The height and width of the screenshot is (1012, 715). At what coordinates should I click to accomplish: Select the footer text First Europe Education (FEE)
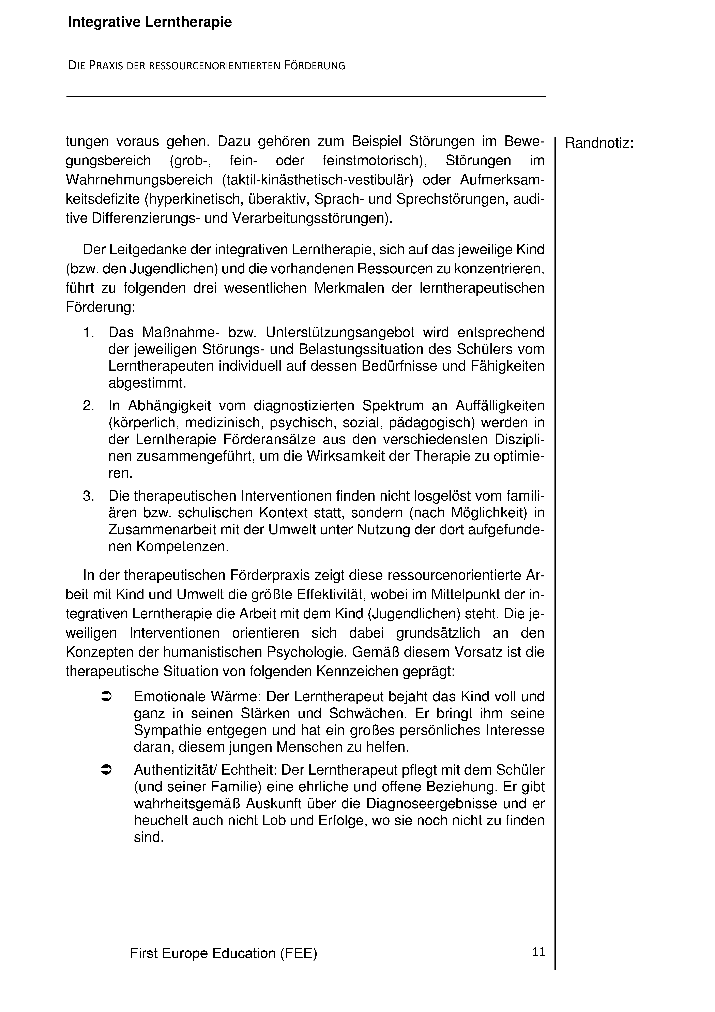pyautogui.click(x=224, y=953)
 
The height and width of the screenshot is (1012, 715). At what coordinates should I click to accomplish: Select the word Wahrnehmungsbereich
pyautogui.click(x=141, y=180)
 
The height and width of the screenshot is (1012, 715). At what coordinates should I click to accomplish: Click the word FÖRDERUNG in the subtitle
pyautogui.click(x=314, y=66)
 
